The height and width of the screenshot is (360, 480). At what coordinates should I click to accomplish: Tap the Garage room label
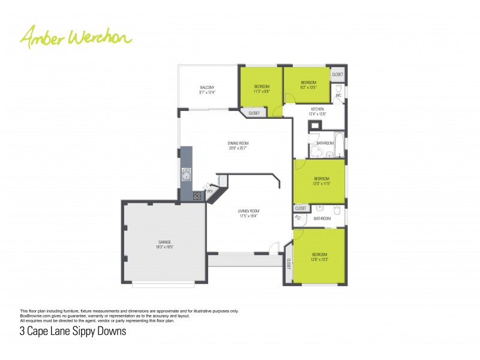[x=164, y=244]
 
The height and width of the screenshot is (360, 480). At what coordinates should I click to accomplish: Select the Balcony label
[x=207, y=90]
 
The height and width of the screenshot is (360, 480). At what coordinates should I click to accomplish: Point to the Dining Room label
[x=238, y=145]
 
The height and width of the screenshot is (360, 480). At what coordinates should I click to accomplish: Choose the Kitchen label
[x=317, y=111]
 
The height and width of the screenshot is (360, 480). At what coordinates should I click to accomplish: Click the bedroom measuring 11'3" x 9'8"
[x=262, y=89]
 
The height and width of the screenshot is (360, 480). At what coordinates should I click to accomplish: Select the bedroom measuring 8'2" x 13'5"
[x=308, y=85]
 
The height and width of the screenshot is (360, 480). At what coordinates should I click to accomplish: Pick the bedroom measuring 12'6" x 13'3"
[x=319, y=257]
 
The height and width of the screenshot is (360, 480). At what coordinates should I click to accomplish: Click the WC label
[x=338, y=95]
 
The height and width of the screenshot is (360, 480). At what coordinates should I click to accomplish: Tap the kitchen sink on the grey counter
[x=186, y=175]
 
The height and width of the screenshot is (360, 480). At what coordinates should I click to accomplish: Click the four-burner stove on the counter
[x=197, y=195]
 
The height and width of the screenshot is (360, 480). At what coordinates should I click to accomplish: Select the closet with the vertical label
[x=289, y=263]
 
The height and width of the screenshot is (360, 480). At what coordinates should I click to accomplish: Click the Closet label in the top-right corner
[x=338, y=74]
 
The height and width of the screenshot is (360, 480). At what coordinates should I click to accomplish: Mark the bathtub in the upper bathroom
[x=340, y=143]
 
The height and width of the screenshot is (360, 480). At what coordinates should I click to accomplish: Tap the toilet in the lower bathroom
[x=337, y=210]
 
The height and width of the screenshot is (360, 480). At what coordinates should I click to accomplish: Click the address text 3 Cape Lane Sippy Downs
[x=73, y=331]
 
